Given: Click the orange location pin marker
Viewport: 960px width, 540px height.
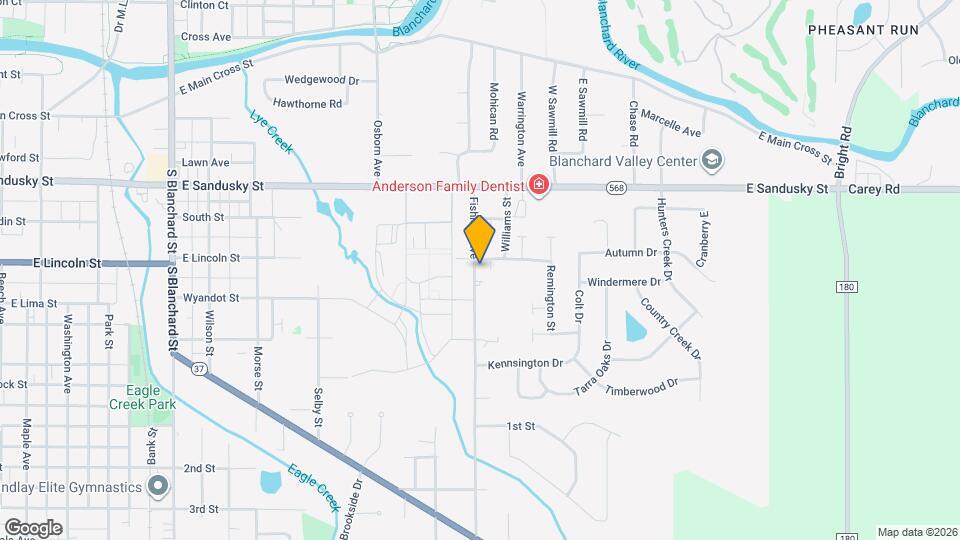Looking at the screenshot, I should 480,239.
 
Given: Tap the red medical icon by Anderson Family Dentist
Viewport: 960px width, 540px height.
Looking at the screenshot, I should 539,185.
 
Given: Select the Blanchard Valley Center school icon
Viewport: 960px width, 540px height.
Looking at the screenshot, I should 711,160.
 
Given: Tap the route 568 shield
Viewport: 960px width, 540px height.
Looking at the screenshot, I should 616,187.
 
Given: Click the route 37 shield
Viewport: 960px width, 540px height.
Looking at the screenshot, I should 199,369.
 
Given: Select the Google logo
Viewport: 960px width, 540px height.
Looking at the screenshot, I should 33,527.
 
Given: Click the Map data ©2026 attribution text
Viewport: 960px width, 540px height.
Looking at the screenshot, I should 917,532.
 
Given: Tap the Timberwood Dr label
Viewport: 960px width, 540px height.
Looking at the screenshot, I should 642,385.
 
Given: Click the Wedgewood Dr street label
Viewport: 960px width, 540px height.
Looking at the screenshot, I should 321,80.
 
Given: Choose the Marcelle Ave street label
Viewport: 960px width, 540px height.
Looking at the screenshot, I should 671,124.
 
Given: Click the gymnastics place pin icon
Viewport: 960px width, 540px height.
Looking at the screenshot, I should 157,487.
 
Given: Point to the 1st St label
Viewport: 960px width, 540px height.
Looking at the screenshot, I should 521,426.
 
